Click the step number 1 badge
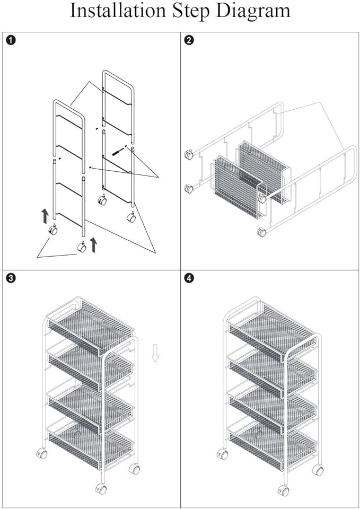[11, 40]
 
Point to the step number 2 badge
[189, 40]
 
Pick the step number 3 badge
[11, 277]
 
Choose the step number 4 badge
[189, 277]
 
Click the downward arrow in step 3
[155, 353]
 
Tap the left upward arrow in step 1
[45, 215]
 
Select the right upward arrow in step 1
[94, 244]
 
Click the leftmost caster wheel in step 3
[41, 454]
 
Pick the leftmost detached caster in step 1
[53, 230]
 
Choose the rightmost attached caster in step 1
[130, 217]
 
